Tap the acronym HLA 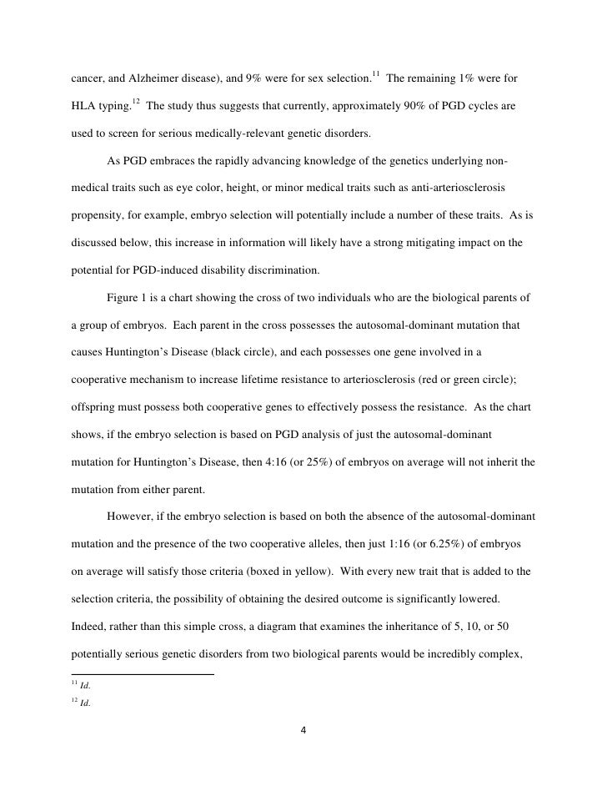click(x=80, y=107)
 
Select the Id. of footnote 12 click(x=85, y=703)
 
